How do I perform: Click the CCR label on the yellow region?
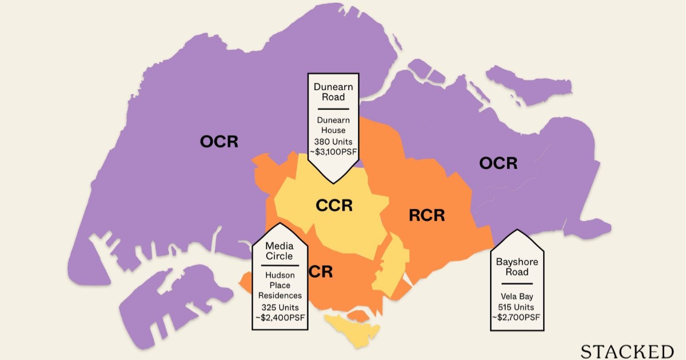(x=334, y=205)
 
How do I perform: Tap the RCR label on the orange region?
(x=427, y=215)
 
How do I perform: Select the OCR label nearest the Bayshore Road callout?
(x=498, y=163)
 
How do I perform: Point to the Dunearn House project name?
(x=333, y=125)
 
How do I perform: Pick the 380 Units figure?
(x=333, y=141)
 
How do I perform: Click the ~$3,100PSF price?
(x=333, y=152)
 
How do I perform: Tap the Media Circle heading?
(x=280, y=251)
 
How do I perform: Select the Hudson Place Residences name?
(x=280, y=285)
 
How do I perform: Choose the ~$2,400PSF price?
(x=280, y=317)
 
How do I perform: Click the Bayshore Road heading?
(x=513, y=267)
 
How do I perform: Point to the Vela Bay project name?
(x=513, y=295)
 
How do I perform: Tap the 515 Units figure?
(x=513, y=306)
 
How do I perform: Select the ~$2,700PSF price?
(x=513, y=317)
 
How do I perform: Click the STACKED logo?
(x=627, y=350)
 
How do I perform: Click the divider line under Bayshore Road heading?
(x=513, y=283)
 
